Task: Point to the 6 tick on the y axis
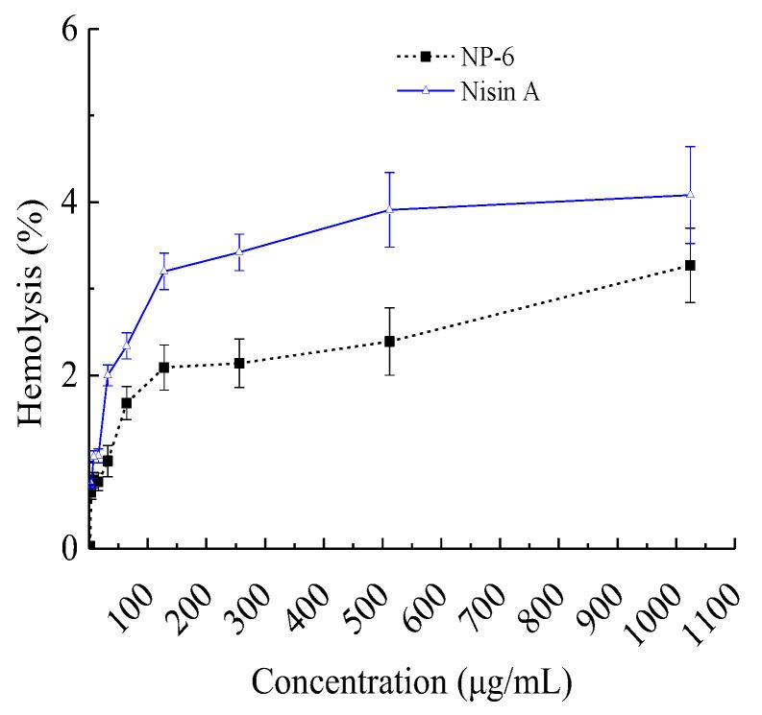coord(69,29)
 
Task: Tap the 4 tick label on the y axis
coord(69,203)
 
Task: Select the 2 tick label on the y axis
coord(69,375)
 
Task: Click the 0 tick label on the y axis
coord(69,549)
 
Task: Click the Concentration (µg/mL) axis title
coord(412,683)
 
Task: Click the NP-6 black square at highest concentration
coord(690,265)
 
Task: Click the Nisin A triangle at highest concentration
coord(690,195)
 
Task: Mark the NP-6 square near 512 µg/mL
coord(389,341)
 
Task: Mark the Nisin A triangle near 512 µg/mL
coord(389,209)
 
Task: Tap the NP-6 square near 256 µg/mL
coord(239,363)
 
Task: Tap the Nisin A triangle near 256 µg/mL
coord(239,251)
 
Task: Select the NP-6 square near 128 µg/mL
coord(164,368)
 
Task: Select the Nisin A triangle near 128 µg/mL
coord(164,271)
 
